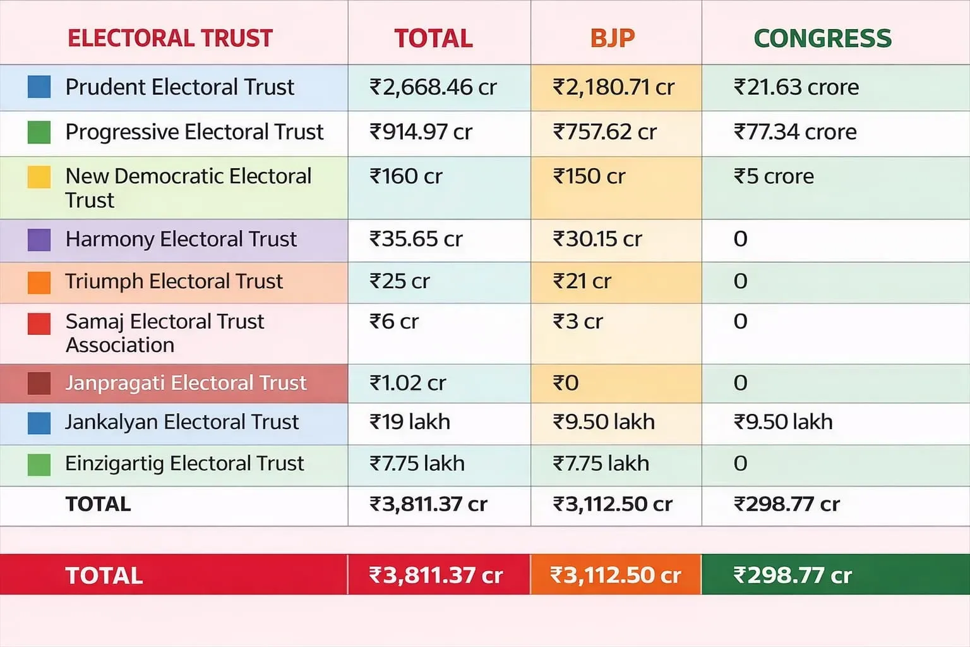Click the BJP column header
612,39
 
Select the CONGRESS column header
822,39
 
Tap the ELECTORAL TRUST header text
170,39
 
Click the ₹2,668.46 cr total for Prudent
433,87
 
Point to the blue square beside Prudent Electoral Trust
39,87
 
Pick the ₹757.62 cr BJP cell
604,132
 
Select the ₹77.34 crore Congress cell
794,132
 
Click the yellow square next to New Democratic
39,177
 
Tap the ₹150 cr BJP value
589,176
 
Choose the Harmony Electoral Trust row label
181,239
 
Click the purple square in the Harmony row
39,240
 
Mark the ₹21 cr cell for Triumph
582,281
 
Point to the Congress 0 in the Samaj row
740,322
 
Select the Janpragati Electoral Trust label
186,383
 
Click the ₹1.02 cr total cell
407,383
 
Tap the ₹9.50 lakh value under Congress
782,422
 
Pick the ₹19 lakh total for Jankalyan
409,422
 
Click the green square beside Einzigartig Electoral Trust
39,464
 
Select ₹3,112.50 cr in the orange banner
615,575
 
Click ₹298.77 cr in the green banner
792,575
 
